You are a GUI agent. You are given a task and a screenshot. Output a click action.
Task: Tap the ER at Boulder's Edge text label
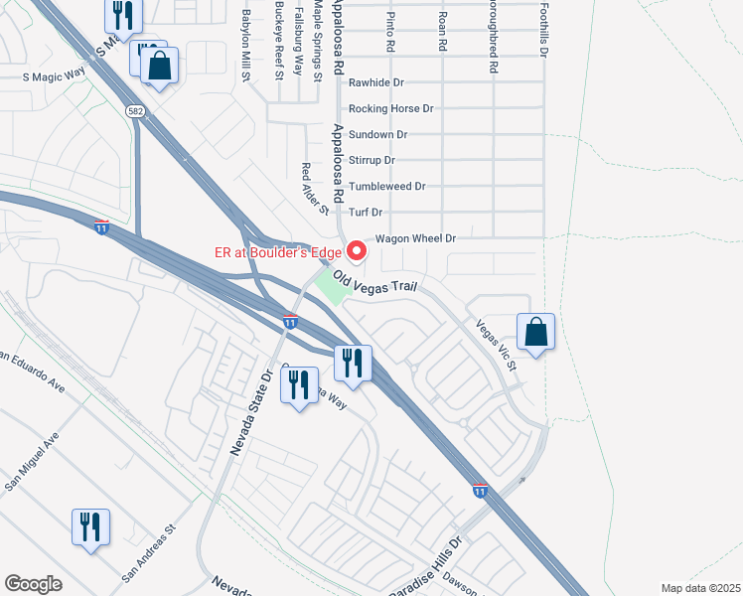(x=277, y=253)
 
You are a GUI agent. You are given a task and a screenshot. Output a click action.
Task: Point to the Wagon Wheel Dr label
(x=416, y=238)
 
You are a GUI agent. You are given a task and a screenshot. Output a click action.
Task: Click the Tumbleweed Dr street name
(x=387, y=186)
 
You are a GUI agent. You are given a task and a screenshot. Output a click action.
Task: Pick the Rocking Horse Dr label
(x=391, y=108)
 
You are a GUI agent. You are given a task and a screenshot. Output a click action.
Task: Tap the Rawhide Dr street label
(x=376, y=83)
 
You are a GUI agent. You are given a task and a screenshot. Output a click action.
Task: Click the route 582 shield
(x=135, y=111)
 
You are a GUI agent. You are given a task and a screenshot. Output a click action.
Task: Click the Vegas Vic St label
(x=498, y=345)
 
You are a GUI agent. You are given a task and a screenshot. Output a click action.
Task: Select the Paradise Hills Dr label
(x=429, y=561)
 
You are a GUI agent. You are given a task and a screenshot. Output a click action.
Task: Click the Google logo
(x=33, y=583)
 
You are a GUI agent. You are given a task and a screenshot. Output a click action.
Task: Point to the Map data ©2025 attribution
(x=700, y=588)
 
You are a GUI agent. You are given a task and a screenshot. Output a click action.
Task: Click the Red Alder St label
(x=315, y=189)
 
